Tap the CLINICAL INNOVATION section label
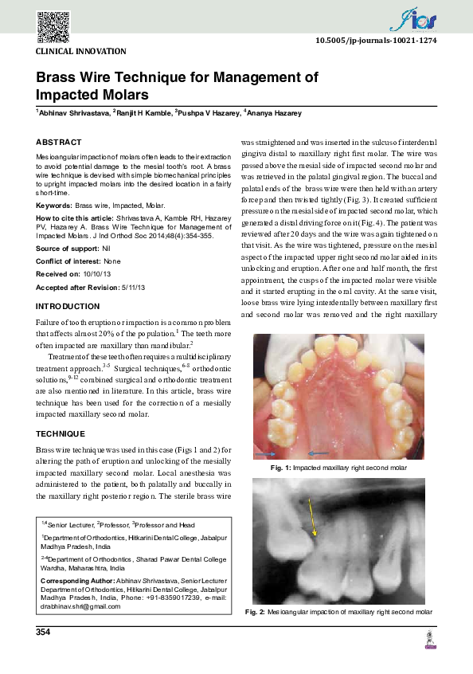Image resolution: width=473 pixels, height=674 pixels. tap(81, 51)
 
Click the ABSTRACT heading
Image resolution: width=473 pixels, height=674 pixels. tap(59, 142)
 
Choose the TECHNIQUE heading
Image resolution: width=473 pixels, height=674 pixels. tap(61, 433)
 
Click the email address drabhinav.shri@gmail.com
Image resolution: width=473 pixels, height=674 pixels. tap(81, 607)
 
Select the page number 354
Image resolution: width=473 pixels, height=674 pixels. tap(44, 632)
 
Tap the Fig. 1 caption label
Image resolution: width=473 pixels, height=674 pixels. tap(281, 466)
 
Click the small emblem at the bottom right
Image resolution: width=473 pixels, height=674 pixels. tap(431, 640)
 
